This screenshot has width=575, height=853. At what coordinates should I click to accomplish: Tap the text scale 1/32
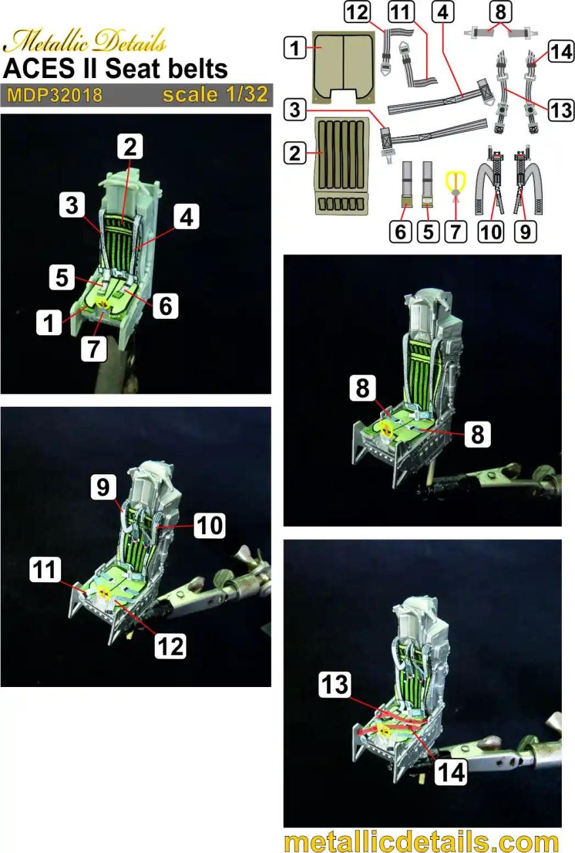coord(215,94)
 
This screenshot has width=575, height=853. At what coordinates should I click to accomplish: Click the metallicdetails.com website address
coord(422,841)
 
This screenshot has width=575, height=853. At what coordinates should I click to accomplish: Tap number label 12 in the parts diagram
coord(359,12)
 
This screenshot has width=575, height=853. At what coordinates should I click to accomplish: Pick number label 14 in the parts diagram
coord(561,52)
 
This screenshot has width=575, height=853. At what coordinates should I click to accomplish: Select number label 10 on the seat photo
coord(209,524)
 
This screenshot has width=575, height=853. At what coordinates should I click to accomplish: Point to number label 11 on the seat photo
coord(45,570)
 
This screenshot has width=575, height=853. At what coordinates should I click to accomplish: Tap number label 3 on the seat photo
coord(72,205)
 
